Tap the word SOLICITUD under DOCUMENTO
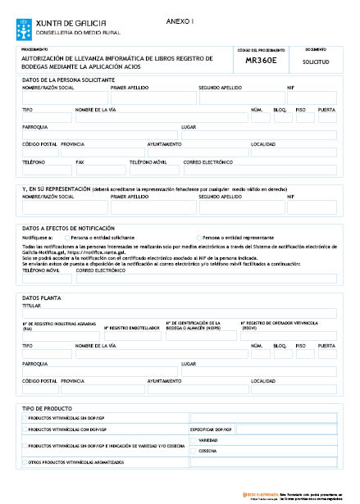[316, 61]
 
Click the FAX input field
[101, 170]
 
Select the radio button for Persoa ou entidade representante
[199, 237]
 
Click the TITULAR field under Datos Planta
[179, 313]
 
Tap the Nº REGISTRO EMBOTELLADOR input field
[133, 335]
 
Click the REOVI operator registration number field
[288, 335]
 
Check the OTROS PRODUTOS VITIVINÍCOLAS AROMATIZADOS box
[25, 462]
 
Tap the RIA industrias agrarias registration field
[61, 335]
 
